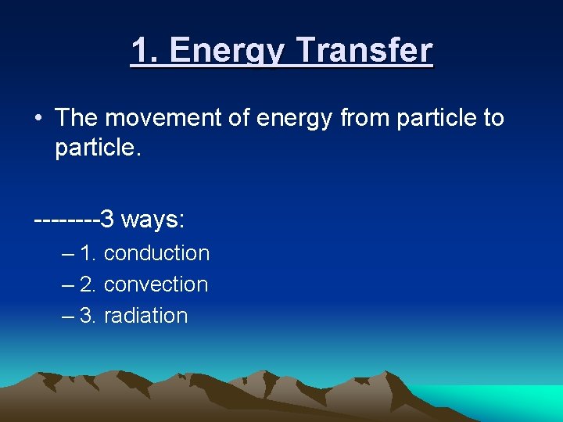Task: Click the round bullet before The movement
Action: [x=38, y=119]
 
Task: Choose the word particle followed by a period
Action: [x=98, y=148]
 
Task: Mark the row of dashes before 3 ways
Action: [x=66, y=220]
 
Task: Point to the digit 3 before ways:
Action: [x=107, y=220]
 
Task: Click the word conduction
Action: [x=156, y=253]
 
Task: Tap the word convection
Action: [x=156, y=284]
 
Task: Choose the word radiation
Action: [x=145, y=316]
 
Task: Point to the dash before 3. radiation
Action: [x=67, y=316]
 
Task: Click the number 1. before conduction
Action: [x=88, y=253]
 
